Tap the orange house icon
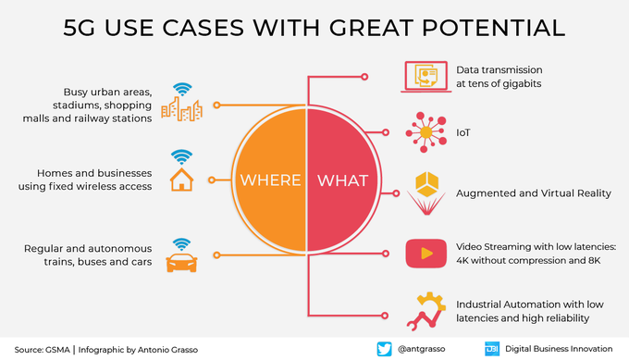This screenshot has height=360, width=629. [181, 180]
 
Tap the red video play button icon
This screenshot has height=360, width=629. [426, 252]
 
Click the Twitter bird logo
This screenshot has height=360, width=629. [385, 348]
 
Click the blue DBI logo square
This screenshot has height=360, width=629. [491, 348]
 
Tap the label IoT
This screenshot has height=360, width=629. [464, 133]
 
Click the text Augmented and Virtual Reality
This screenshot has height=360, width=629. [534, 193]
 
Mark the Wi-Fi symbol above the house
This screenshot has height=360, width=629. [181, 155]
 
